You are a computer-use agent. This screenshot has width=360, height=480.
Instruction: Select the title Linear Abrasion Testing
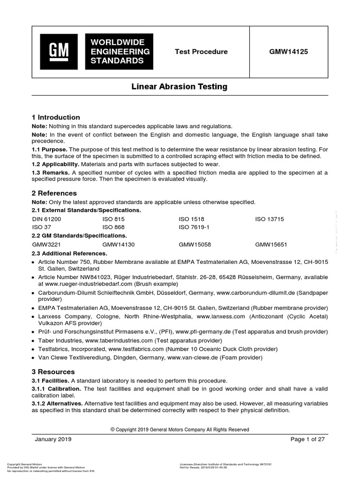click(180, 87)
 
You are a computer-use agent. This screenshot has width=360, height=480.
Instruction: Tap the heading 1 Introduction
click(56, 117)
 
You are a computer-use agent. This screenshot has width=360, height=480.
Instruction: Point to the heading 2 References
click(54, 193)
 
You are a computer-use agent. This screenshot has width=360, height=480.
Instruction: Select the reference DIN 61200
click(46, 219)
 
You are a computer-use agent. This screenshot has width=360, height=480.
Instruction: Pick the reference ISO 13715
click(270, 219)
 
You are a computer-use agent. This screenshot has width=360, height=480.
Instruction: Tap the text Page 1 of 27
click(307, 439)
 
